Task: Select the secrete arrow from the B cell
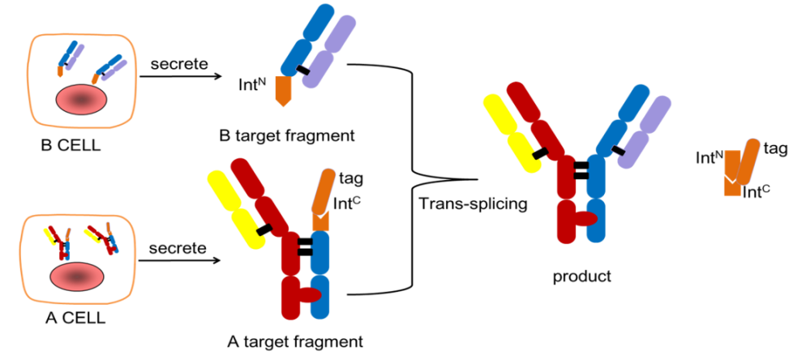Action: pos(181,77)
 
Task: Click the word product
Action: pos(581,276)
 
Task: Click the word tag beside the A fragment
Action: pos(351,178)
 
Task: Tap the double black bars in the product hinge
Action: pos(581,171)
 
